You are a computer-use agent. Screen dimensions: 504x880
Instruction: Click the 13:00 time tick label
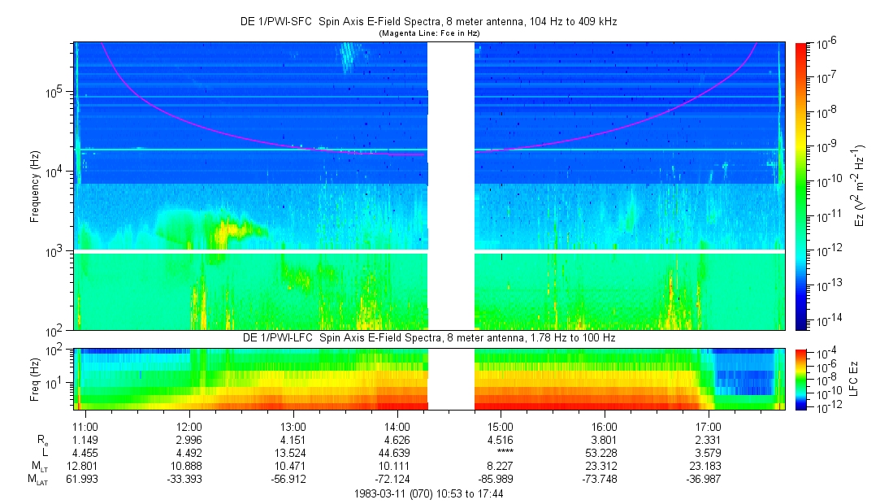[x=293, y=426]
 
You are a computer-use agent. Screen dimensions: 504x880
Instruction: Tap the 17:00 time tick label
[x=708, y=426]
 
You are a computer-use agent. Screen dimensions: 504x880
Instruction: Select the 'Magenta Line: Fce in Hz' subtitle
[x=430, y=33]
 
